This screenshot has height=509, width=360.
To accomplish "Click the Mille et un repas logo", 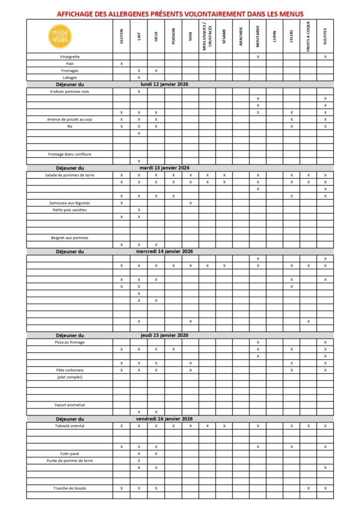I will coord(60,36).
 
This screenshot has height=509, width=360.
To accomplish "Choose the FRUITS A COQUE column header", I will coord(308,37).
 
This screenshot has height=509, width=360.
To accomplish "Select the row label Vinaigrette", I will coord(70,57).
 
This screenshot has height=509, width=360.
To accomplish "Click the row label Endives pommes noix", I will coord(70,91).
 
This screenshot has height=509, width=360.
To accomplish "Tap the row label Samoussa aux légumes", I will coord(70,203).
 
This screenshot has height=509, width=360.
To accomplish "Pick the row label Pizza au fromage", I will coord(70,342).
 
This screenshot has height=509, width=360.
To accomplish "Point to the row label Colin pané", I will coord(70,454).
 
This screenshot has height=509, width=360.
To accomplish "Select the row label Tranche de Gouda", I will coord(70,489).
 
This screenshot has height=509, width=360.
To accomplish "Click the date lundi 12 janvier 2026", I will coord(165,84).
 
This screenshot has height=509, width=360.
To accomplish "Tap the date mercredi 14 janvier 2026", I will coord(165,252).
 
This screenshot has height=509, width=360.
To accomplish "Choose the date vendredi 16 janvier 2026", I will coord(165,419).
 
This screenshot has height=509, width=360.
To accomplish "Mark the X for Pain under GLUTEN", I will coord(121,64).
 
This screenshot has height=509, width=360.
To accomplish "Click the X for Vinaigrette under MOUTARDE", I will coord(258,57).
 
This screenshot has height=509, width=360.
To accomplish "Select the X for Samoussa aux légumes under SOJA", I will coord(190,203).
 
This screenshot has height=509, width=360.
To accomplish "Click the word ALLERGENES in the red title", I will coord(122,14).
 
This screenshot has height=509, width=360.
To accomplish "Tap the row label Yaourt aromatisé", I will coord(70,405).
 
